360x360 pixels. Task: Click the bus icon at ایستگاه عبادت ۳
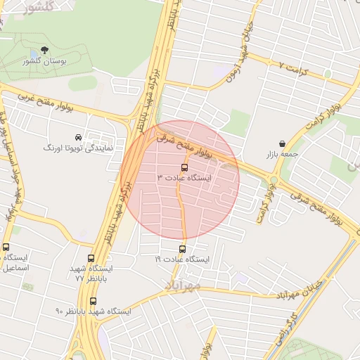click(x=184, y=168)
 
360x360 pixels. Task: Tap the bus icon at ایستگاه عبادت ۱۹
click(x=183, y=249)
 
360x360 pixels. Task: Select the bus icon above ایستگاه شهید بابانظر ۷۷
click(x=91, y=258)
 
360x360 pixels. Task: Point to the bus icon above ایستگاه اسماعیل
click(x=6, y=247)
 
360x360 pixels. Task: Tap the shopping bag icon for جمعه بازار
click(x=282, y=143)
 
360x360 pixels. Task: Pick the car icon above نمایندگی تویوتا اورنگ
click(x=77, y=136)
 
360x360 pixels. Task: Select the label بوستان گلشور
click(x=48, y=61)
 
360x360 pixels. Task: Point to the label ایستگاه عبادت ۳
click(x=184, y=179)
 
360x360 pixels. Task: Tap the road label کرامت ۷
click(x=295, y=65)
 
